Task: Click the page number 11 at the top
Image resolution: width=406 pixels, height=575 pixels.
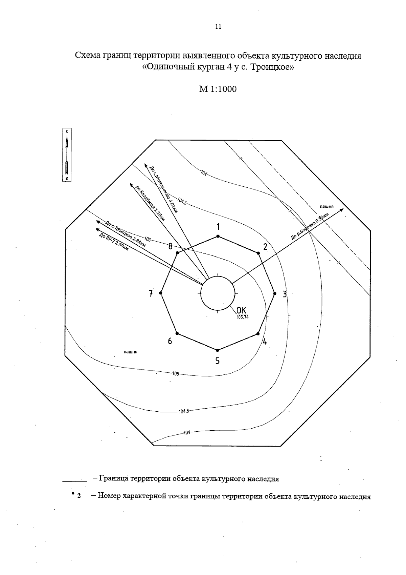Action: pos(218,27)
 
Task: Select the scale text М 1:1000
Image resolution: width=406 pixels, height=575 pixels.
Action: pos(218,89)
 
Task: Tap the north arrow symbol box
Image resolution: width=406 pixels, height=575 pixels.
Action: pos(67,155)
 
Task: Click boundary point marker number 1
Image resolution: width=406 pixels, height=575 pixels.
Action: pos(218,236)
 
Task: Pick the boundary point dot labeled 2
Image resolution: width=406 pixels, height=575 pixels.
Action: pos(258,253)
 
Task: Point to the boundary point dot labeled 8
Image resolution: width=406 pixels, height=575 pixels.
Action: pos(177,253)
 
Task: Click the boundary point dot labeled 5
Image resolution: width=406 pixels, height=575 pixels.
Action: pos(218,350)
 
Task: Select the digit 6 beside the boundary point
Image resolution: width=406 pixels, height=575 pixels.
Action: pos(170,341)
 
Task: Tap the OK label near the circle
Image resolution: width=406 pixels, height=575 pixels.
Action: pos(242,310)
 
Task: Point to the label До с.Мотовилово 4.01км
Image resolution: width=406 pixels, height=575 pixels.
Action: pos(164,189)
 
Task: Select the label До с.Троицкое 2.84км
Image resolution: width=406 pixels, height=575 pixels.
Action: pos(125,233)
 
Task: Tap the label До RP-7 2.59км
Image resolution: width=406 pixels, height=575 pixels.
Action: pos(114,242)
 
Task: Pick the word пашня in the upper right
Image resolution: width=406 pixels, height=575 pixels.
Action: pos(326,206)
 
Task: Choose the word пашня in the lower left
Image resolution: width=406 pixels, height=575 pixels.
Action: pos(130,352)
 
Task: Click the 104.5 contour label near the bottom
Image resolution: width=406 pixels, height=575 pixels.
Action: pos(184,411)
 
